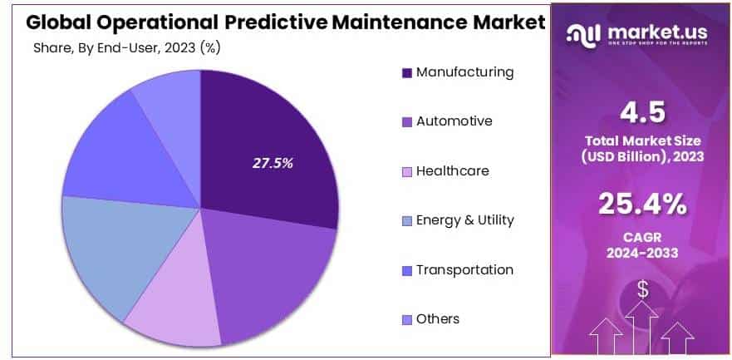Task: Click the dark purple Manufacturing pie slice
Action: point(266,125)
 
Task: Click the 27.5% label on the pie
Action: point(273,163)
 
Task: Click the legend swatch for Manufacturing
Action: point(407,73)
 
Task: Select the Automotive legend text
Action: point(454,121)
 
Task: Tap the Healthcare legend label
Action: point(453,171)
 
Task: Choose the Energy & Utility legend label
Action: point(465,220)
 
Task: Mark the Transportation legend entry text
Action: point(464,270)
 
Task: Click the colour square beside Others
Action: point(407,320)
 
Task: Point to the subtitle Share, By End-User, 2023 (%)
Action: point(126,47)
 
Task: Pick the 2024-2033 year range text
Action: point(643,252)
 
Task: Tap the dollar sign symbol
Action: point(643,289)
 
